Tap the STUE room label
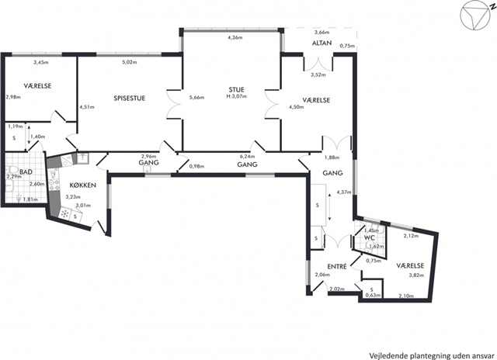coord(236,89)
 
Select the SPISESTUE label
coord(130,99)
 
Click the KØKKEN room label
coord(83,185)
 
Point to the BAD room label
coord(26,172)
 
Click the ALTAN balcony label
coord(321,43)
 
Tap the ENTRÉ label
coord(337,267)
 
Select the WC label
coord(370,237)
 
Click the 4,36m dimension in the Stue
coord(235,38)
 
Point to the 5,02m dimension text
coord(130,62)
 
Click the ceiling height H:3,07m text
coord(236,96)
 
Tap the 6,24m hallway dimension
coord(248,157)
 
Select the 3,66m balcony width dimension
coord(321,33)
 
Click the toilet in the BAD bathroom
coord(12,171)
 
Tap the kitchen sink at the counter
coord(82,157)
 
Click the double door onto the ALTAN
coord(318,64)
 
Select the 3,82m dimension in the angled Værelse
coord(416,275)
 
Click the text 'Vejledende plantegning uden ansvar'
coord(432,355)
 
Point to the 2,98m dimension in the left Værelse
coord(13,97)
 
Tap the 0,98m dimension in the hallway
coord(196,166)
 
